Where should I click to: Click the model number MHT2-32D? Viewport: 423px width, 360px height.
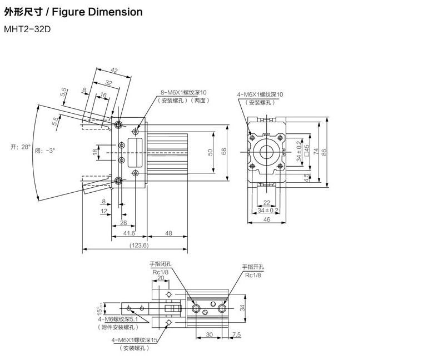point(27,29)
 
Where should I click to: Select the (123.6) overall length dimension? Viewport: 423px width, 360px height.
point(139,245)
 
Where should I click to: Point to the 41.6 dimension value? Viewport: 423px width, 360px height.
point(129,234)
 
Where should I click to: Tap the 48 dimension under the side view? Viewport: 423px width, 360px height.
point(169,234)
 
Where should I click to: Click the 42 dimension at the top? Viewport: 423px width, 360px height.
point(115,71)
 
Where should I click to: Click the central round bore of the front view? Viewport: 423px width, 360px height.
point(267,152)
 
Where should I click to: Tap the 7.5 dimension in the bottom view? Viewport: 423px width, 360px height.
point(236,334)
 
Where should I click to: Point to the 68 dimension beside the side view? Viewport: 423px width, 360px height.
point(225,152)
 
